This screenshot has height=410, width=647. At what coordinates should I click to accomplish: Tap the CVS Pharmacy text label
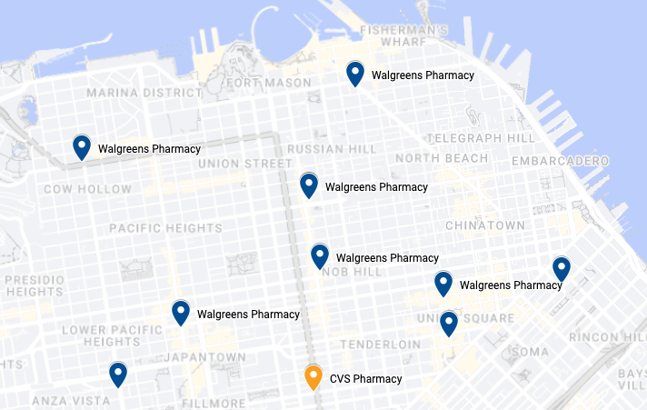tap(365, 378)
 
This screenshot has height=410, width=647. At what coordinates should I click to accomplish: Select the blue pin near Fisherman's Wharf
tap(355, 74)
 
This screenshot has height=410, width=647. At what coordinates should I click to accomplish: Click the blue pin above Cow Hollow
tap(82, 147)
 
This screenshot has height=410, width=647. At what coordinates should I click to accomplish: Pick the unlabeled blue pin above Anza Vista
tap(118, 374)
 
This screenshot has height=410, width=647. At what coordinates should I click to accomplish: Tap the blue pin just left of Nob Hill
tap(320, 256)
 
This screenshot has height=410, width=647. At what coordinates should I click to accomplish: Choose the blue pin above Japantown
tap(181, 313)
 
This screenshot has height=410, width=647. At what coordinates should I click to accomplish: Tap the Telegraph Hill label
tap(481, 137)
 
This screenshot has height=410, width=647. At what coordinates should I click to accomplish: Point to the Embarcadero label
tap(560, 161)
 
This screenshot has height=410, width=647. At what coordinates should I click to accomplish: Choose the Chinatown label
tap(485, 225)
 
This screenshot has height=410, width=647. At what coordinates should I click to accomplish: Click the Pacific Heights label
tap(159, 227)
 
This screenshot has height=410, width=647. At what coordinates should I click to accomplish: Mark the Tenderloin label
tap(380, 345)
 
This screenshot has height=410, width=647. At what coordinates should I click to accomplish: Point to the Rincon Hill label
tap(607, 337)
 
